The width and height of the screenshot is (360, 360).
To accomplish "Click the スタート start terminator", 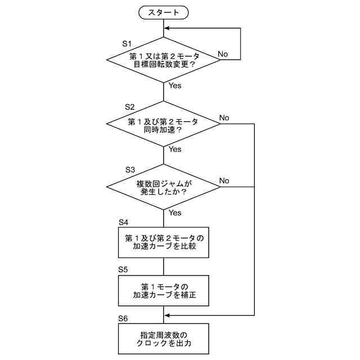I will coord(164,12).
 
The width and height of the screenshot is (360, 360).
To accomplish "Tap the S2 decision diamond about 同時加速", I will coord(163,124).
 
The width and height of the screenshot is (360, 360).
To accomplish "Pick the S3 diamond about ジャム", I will coord(163,187).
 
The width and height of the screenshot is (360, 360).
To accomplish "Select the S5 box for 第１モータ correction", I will coord(163,290).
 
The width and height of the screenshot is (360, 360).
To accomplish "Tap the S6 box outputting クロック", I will coord(163,338).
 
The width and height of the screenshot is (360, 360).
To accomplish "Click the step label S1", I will coord(127,43).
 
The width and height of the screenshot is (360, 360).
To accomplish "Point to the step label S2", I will coord(129,106).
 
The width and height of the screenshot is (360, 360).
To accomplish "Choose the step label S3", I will coord(130,169).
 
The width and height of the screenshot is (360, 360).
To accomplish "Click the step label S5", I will coord(123,270).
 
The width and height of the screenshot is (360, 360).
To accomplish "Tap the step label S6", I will coord(123,318).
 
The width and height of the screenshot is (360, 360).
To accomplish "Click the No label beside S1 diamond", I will coord(223,54).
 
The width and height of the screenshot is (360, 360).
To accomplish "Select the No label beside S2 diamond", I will coord(224,118).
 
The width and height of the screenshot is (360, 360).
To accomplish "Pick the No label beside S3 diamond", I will coord(224,181).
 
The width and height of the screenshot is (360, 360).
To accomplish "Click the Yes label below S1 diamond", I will coord(175,86).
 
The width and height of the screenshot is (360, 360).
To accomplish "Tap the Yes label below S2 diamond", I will coord(175,150).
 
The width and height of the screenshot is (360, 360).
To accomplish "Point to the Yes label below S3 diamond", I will coord(175,213).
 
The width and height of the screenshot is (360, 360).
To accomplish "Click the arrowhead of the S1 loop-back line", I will coord(167,28).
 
